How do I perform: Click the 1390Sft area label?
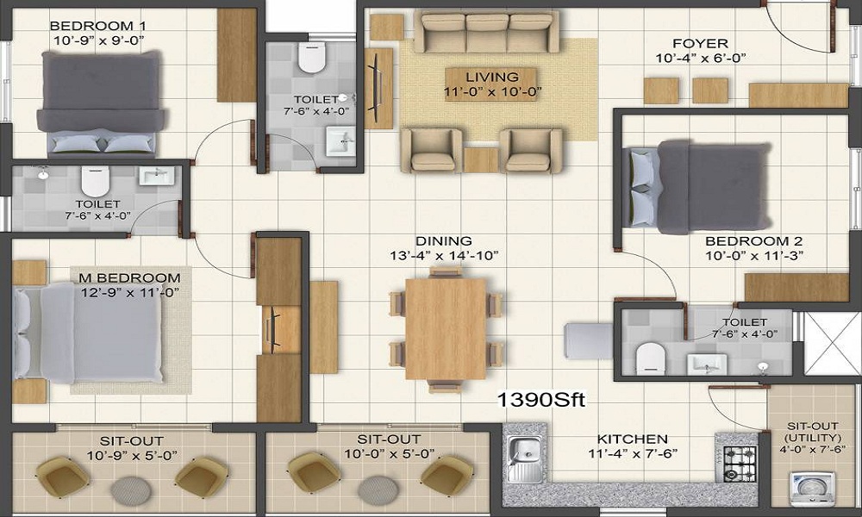click(541, 400)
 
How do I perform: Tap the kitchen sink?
click(525, 458)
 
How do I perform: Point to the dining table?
click(446, 328)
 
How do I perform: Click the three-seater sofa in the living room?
click(486, 32)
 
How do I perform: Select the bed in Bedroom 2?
click(699, 186)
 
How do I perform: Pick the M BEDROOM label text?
click(130, 277)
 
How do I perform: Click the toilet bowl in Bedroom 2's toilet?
click(651, 358)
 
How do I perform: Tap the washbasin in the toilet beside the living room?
click(340, 141)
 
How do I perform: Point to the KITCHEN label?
click(632, 439)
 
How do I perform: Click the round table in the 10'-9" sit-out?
click(131, 490)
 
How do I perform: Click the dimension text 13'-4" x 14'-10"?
click(444, 255)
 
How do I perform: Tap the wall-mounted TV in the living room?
click(378, 88)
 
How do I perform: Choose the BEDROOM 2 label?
click(753, 241)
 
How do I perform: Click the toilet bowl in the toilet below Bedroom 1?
click(96, 181)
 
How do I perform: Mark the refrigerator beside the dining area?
click(589, 341)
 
